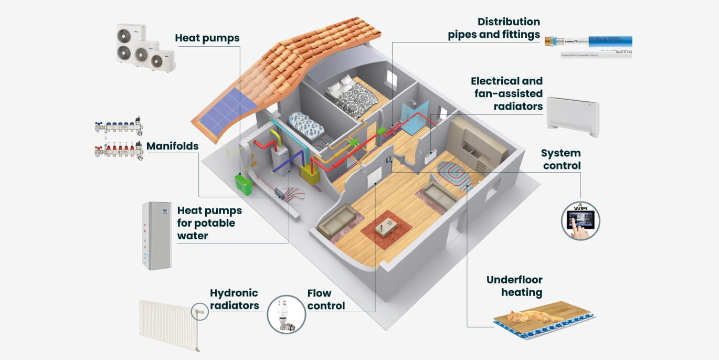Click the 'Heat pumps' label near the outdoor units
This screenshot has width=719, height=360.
click(x=207, y=38)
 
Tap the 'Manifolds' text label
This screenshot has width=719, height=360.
click(x=172, y=146)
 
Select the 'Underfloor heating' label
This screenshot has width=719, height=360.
click(x=514, y=286)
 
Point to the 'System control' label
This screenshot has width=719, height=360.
click(x=561, y=160)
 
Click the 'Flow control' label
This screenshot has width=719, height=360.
click(x=326, y=299)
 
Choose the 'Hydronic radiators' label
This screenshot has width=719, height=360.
click(x=234, y=299)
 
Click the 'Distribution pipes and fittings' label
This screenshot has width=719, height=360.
click(x=493, y=28)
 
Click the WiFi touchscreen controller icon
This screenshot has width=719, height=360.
click(x=580, y=220)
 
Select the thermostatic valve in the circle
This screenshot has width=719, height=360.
click(x=286, y=314)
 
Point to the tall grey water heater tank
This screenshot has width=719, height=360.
click(x=157, y=236)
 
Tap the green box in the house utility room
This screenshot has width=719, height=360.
click(x=244, y=185)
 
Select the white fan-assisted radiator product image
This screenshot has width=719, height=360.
click(x=572, y=116)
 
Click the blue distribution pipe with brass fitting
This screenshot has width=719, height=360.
click(x=588, y=41)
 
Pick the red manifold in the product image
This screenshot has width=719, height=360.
click(x=119, y=151)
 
